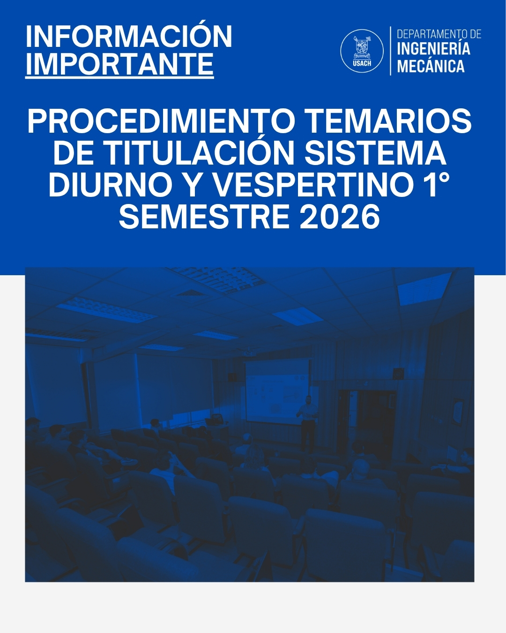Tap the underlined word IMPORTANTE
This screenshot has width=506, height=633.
pos(119,64)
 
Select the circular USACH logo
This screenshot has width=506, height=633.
pos(362,51)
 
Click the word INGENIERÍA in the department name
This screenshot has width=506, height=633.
pos(433,49)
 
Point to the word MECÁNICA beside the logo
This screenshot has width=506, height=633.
pos(431,66)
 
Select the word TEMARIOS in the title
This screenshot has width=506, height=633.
pos(389,121)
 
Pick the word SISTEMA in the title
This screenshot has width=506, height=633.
pos(376,153)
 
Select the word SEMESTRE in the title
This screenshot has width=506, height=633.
pos(204,217)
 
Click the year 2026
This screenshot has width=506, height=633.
pos(340,217)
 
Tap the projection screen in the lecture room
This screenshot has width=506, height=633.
pos(276,392)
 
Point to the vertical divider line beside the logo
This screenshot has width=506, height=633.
pos(390,51)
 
